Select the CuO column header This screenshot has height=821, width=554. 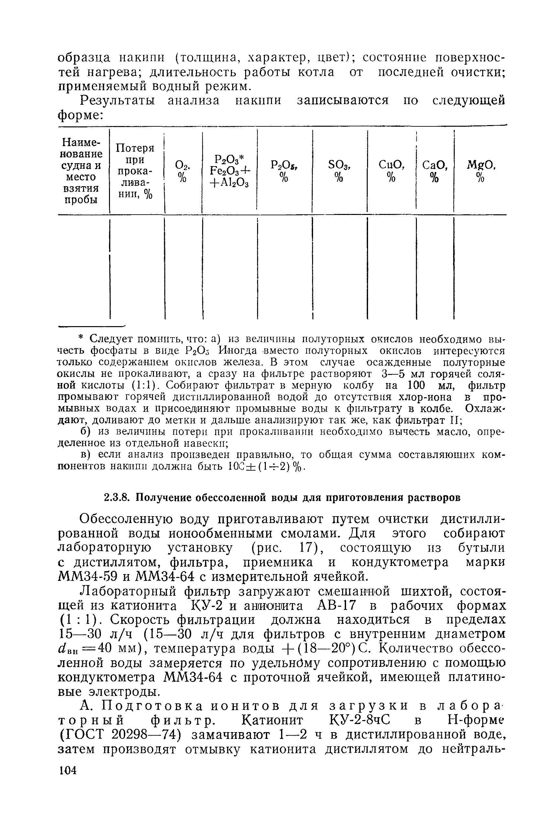coord(391,165)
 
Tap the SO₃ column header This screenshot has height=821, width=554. coord(339,165)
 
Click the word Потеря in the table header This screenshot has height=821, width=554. coord(135,148)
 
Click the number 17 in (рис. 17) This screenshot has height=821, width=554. coord(304,548)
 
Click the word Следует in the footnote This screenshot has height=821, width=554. coord(111,339)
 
